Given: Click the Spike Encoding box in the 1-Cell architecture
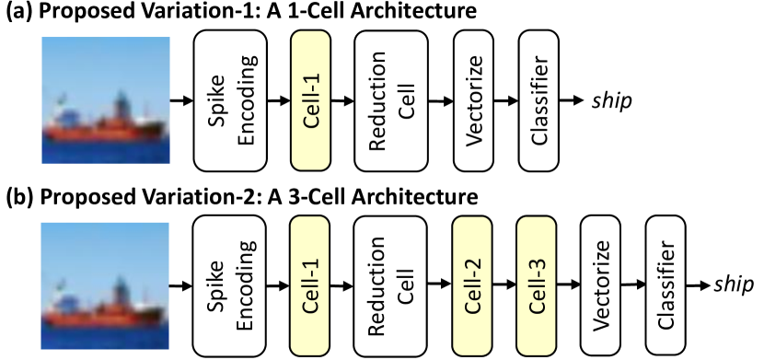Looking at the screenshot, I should pos(229,99).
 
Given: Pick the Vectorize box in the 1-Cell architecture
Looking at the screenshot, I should pos(476,99).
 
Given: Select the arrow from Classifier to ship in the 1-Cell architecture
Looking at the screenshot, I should pos(575,99).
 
